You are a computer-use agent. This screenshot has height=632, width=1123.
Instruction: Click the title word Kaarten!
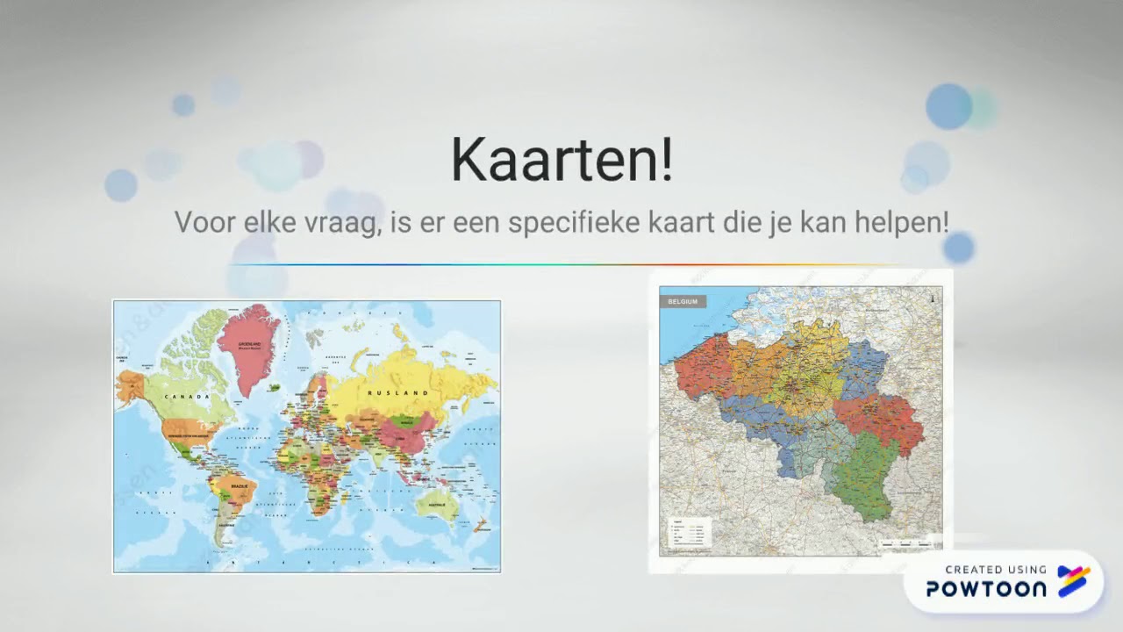561,160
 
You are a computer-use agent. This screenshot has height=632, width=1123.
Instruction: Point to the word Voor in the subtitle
204,222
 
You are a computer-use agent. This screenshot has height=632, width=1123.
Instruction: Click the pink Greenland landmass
249,344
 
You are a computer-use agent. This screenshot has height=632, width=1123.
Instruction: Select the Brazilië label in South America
239,485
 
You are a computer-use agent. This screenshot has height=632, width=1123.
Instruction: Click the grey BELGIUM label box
683,302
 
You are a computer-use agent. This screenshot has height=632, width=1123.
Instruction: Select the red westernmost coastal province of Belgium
703,364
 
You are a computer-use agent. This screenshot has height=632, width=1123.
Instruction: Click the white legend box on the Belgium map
689,533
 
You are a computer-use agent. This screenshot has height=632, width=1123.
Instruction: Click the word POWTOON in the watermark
986,588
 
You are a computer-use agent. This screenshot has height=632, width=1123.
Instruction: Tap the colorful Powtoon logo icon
1074,581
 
